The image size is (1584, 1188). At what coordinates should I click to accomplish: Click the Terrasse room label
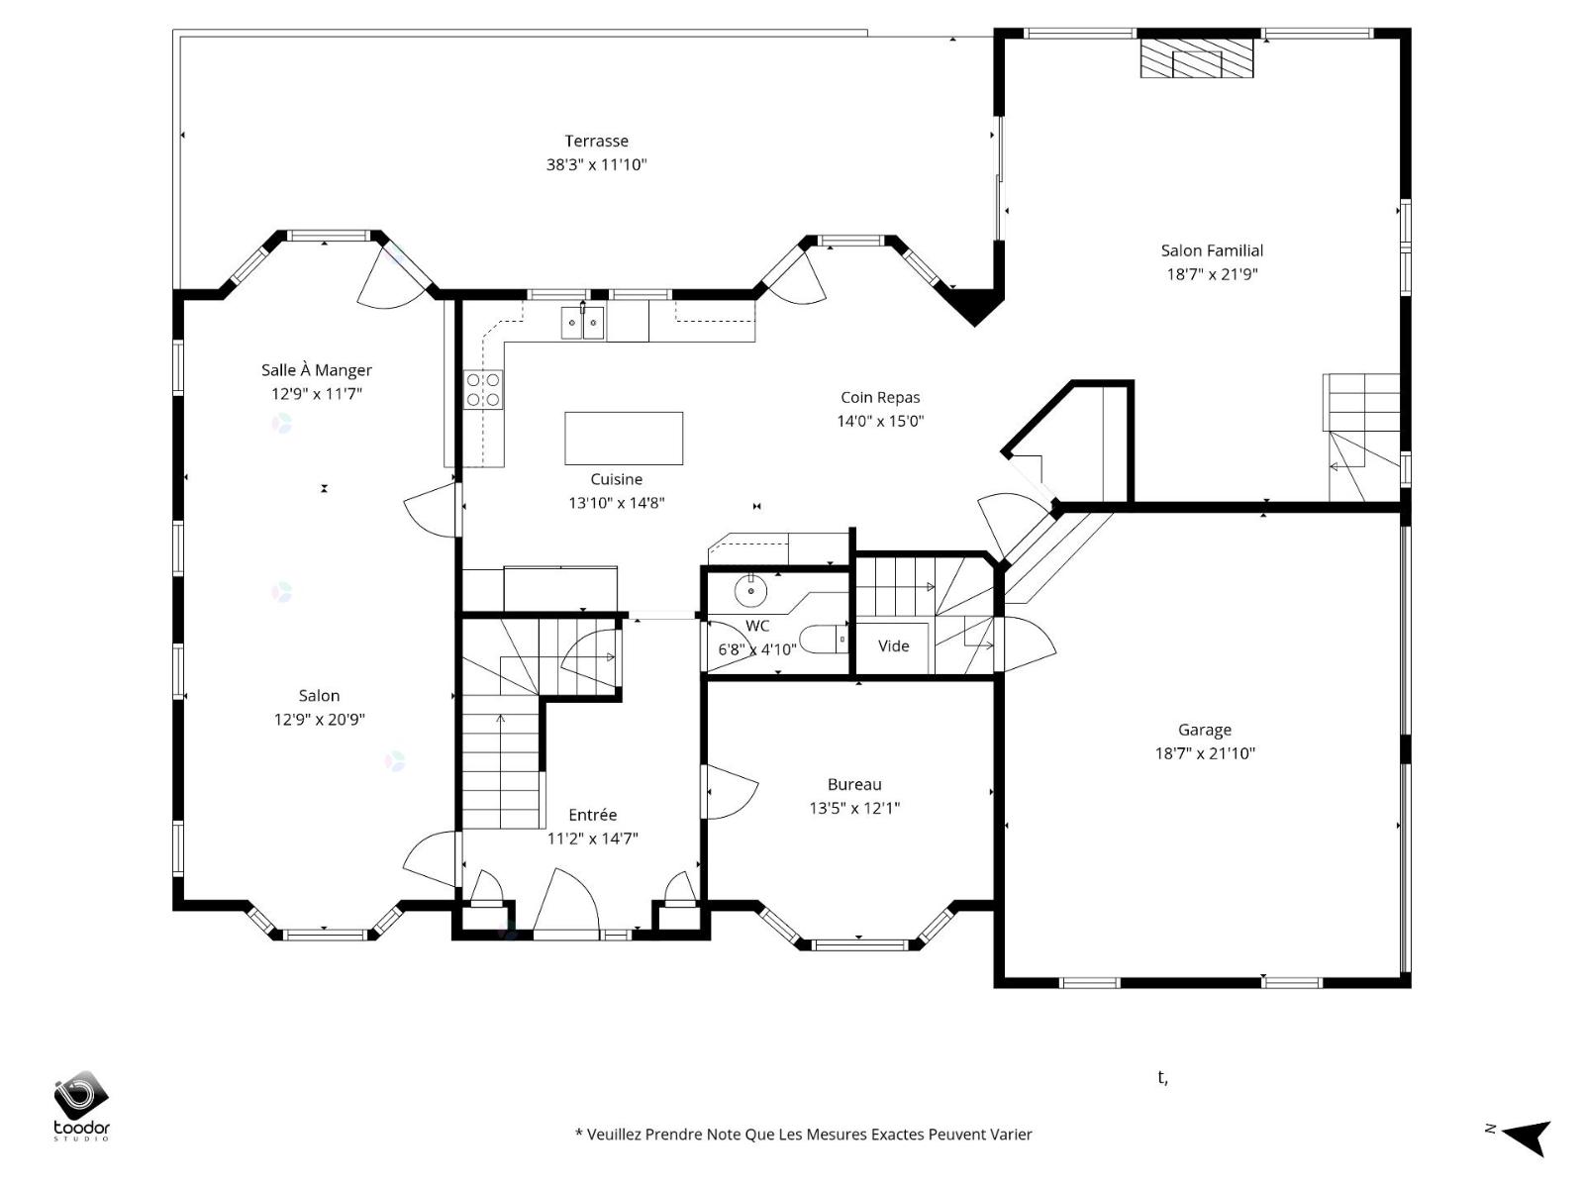(x=596, y=141)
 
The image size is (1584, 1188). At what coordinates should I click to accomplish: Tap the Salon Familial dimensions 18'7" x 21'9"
(x=1212, y=274)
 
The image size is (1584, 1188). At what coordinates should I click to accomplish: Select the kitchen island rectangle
(x=624, y=438)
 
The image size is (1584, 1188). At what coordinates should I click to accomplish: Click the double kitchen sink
(x=582, y=322)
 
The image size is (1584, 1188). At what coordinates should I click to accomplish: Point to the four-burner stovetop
(x=483, y=389)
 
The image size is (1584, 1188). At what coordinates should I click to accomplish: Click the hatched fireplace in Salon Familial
(x=1197, y=58)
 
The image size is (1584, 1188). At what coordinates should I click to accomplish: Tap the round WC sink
(x=751, y=591)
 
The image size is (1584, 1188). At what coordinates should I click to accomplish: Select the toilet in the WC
(x=824, y=640)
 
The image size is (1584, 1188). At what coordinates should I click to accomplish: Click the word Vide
(x=893, y=645)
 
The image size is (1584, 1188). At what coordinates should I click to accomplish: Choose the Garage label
(x=1205, y=730)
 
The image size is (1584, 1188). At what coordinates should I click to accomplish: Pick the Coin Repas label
(x=880, y=397)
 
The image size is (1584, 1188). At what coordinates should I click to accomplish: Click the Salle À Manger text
(x=316, y=369)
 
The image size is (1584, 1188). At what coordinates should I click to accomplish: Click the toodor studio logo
(x=81, y=1105)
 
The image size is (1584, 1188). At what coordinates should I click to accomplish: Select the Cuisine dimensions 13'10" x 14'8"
(x=617, y=503)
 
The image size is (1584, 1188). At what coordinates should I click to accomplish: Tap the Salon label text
(x=319, y=695)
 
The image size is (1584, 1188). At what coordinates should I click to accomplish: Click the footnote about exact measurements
(x=803, y=1135)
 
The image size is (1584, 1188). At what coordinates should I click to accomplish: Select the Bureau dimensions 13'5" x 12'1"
(x=854, y=808)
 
